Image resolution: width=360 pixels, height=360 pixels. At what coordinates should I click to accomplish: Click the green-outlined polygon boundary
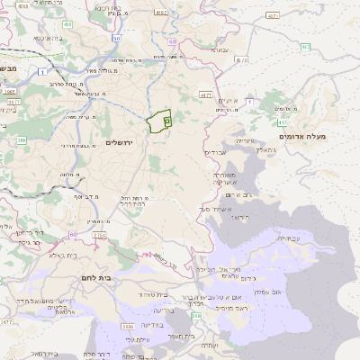[x=159, y=119]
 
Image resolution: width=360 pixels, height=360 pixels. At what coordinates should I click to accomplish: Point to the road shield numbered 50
[x=118, y=39]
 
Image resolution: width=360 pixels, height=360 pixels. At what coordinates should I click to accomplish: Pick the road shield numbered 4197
[x=159, y=13]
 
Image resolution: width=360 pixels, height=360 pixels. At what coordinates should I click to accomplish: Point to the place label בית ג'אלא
[x=58, y=256]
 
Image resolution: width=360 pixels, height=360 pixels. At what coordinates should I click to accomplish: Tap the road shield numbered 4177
[x=206, y=93]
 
